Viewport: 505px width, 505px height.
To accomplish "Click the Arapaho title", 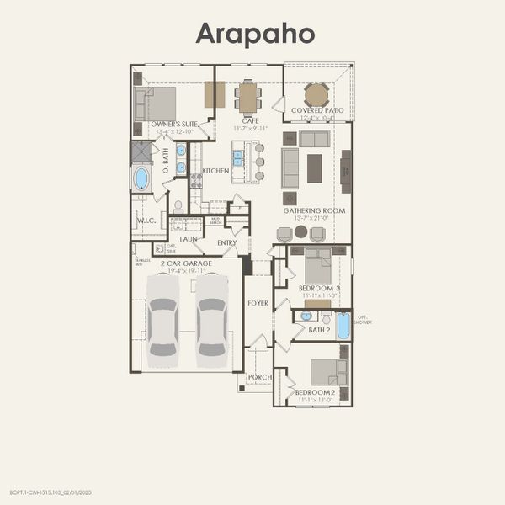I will click(256, 34).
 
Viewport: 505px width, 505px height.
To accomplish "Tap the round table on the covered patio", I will click(316, 94).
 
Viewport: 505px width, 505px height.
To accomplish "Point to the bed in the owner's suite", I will click(157, 105).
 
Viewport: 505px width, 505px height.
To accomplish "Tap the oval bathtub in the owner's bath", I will click(141, 178).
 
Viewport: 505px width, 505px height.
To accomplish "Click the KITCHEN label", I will click(215, 171).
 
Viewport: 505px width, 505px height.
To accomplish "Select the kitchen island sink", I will click(238, 157).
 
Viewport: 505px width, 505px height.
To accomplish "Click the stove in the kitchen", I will click(195, 179).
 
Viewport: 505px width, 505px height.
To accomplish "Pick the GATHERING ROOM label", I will click(314, 210).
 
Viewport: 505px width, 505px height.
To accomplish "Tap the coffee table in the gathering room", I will click(315, 167).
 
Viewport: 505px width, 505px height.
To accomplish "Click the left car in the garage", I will click(162, 315).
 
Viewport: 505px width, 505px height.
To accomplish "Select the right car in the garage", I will click(211, 315).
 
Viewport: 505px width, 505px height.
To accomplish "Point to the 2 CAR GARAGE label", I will click(186, 263).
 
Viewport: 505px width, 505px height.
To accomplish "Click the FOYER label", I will click(258, 303).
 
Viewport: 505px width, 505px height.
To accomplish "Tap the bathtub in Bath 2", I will click(343, 325).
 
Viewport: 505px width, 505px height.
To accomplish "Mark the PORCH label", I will click(258, 378).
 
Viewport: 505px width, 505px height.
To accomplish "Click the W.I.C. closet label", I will click(143, 222).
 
